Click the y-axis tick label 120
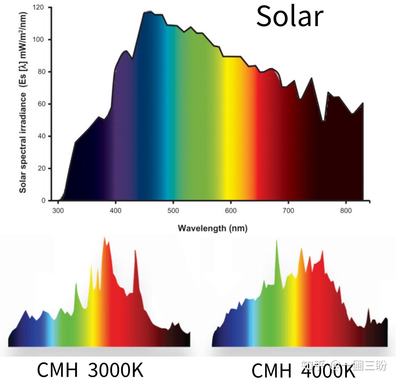38,7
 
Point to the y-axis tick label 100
38,39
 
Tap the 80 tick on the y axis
41,72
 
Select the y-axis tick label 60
41,104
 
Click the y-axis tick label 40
41,136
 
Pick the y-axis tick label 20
41,169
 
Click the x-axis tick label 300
58,211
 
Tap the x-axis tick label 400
115,211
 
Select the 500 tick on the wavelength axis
173,211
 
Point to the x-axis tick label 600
231,211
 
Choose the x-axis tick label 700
288,211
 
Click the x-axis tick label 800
346,211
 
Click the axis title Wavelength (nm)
212,228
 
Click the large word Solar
290,16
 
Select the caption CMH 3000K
90,370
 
